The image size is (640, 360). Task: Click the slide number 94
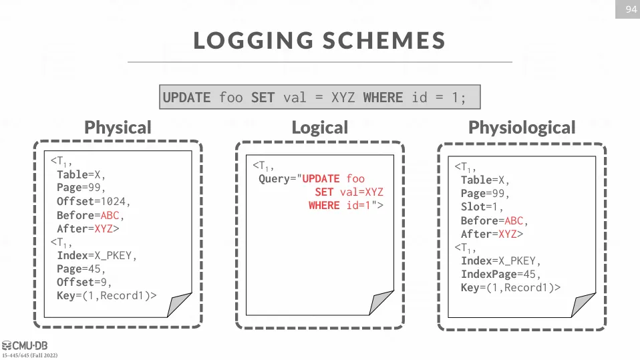(631, 9)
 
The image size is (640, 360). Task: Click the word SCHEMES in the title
(384, 40)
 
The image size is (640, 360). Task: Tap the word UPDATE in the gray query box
(186, 98)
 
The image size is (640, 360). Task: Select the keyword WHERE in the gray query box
(383, 98)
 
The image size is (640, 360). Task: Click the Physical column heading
(118, 128)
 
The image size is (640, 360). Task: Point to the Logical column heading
(319, 128)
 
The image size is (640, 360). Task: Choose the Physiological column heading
(522, 128)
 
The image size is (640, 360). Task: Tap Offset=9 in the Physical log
(82, 283)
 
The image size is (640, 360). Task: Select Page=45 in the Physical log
(79, 269)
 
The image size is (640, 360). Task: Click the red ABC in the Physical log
(110, 215)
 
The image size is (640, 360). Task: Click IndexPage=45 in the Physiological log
(498, 275)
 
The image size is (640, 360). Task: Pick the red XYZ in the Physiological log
(507, 234)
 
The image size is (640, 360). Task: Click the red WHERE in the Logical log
(324, 205)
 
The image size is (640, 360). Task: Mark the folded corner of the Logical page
(379, 303)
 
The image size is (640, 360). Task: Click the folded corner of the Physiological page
(582, 305)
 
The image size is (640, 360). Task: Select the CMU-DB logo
(25, 346)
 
